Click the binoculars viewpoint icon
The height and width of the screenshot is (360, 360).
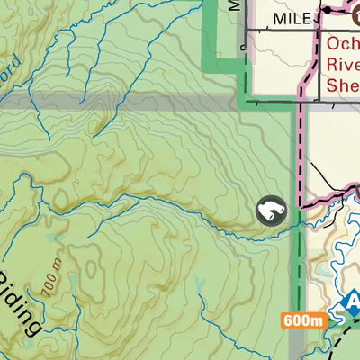coord(269,211)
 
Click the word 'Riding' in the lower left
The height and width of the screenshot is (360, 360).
coord(20,302)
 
